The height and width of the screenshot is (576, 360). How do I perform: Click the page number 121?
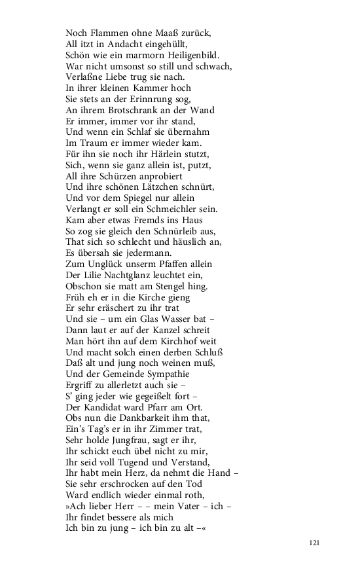[x=315, y=543]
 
